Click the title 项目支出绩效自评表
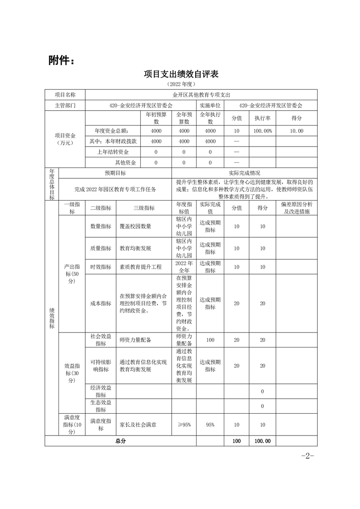click(181, 74)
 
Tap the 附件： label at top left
click(61, 60)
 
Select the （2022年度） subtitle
click(181, 84)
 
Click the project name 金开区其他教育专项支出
click(202, 95)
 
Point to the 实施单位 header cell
click(210, 105)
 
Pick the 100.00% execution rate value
click(262, 131)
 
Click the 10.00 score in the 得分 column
click(296, 131)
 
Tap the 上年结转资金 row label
click(113, 152)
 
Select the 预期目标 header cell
click(115, 173)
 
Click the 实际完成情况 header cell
click(244, 173)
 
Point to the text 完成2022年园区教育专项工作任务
click(115, 189)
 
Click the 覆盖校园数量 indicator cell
click(135, 226)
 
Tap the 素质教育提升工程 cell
click(141, 267)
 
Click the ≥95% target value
click(184, 424)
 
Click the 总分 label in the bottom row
click(120, 440)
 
